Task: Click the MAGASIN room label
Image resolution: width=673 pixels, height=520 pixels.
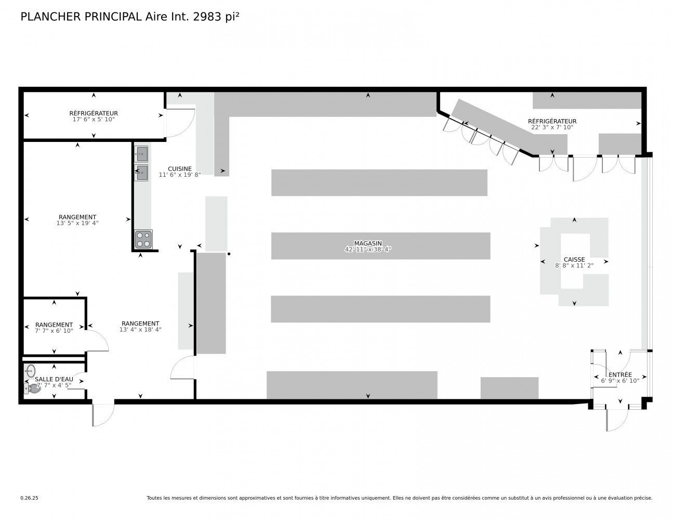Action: [x=368, y=243]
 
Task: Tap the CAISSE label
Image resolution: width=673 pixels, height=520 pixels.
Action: [x=574, y=259]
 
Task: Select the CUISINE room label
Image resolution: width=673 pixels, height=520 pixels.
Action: [x=179, y=169]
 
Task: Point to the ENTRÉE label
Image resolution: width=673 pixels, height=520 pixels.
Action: [x=620, y=374]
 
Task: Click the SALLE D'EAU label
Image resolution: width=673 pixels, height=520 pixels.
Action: [x=54, y=379]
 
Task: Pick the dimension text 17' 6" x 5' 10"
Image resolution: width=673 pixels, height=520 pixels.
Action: [x=94, y=120]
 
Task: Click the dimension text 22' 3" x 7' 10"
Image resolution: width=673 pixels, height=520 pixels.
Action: [x=552, y=127]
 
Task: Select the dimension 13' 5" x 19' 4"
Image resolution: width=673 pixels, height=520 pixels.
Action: [x=77, y=223]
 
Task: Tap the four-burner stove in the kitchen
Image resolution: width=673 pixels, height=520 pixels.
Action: [x=143, y=239]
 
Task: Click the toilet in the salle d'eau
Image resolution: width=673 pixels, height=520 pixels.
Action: [x=32, y=388]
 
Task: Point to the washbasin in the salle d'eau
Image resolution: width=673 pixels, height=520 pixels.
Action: [x=30, y=371]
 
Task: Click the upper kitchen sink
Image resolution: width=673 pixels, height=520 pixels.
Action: [x=141, y=153]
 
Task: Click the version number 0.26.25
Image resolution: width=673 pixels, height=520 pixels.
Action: [x=29, y=498]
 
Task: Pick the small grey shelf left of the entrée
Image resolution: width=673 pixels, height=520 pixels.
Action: [x=509, y=388]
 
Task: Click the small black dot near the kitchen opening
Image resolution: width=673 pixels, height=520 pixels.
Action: [x=229, y=254]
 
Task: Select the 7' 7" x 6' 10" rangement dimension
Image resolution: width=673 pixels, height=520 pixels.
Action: [x=54, y=331]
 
